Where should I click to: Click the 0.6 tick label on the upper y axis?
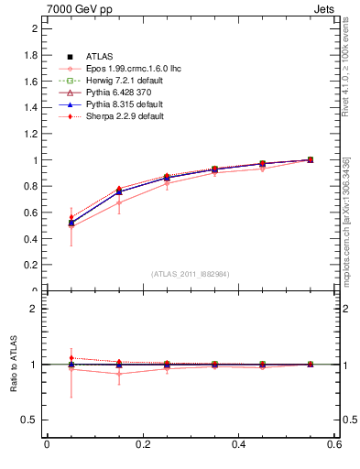coord(31,213)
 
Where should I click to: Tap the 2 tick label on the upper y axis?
coord(36,28)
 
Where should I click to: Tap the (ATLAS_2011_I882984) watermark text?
coord(190,274)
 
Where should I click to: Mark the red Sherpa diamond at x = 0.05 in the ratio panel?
coord(71,358)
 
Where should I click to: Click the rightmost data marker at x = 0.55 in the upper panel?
coord(311,159)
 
